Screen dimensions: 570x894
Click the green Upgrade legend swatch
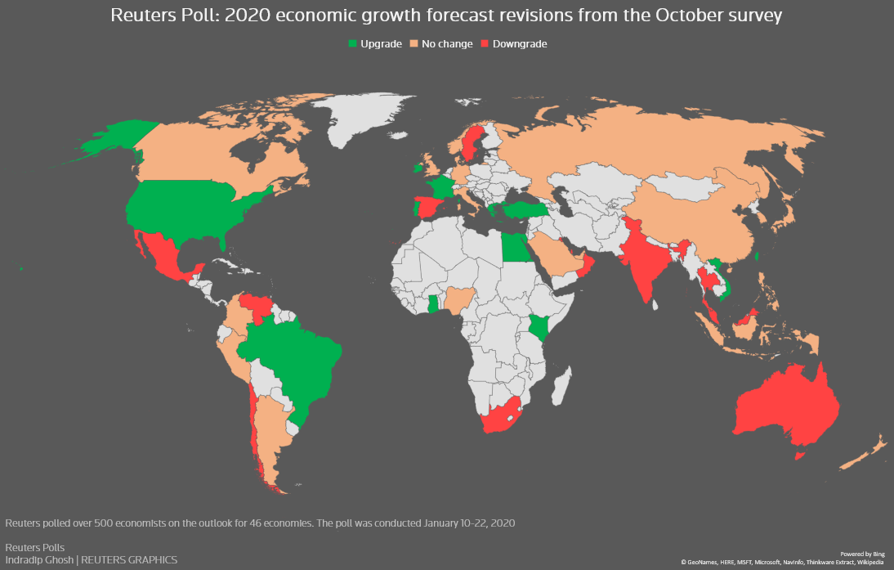(352, 44)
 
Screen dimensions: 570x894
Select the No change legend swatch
(413, 44)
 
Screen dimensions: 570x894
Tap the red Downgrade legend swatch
(485, 44)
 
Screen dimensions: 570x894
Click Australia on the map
(784, 409)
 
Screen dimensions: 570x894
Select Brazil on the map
(294, 360)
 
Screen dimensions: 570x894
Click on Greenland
(368, 119)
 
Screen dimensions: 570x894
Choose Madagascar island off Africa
(559, 385)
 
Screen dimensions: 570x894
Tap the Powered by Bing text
(862, 554)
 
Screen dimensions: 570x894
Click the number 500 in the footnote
(101, 522)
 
